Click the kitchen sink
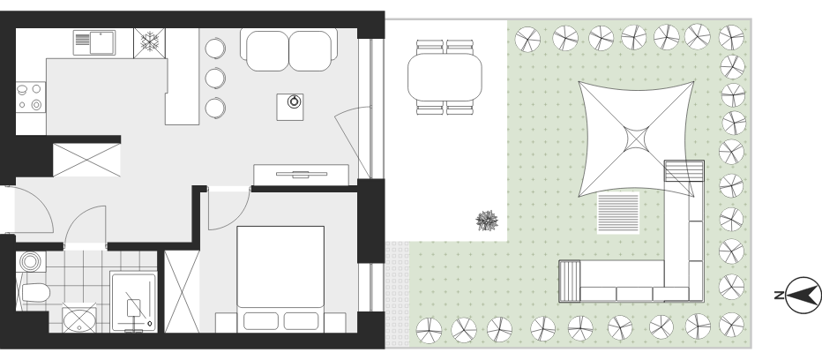pyautogui.click(x=94, y=42)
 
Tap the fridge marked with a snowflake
pyautogui.click(x=149, y=42)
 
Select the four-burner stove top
pyautogui.click(x=30, y=97)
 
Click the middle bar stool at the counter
pyautogui.click(x=215, y=79)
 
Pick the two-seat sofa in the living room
pyautogui.click(x=289, y=50)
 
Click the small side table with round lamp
pyautogui.click(x=290, y=107)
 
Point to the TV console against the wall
pyautogui.click(x=302, y=175)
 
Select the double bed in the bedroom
pyautogui.click(x=280, y=279)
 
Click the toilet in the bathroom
pyautogui.click(x=34, y=293)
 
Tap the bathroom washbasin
pyautogui.click(x=79, y=319)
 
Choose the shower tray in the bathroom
pyautogui.click(x=134, y=301)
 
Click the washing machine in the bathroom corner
pyautogui.click(x=31, y=261)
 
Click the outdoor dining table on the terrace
pyautogui.click(x=445, y=77)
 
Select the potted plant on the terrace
pyautogui.click(x=487, y=221)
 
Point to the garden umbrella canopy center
pyautogui.click(x=637, y=139)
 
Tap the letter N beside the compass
pyautogui.click(x=779, y=296)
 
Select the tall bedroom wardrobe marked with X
pyautogui.click(x=182, y=291)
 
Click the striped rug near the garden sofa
pyautogui.click(x=618, y=213)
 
